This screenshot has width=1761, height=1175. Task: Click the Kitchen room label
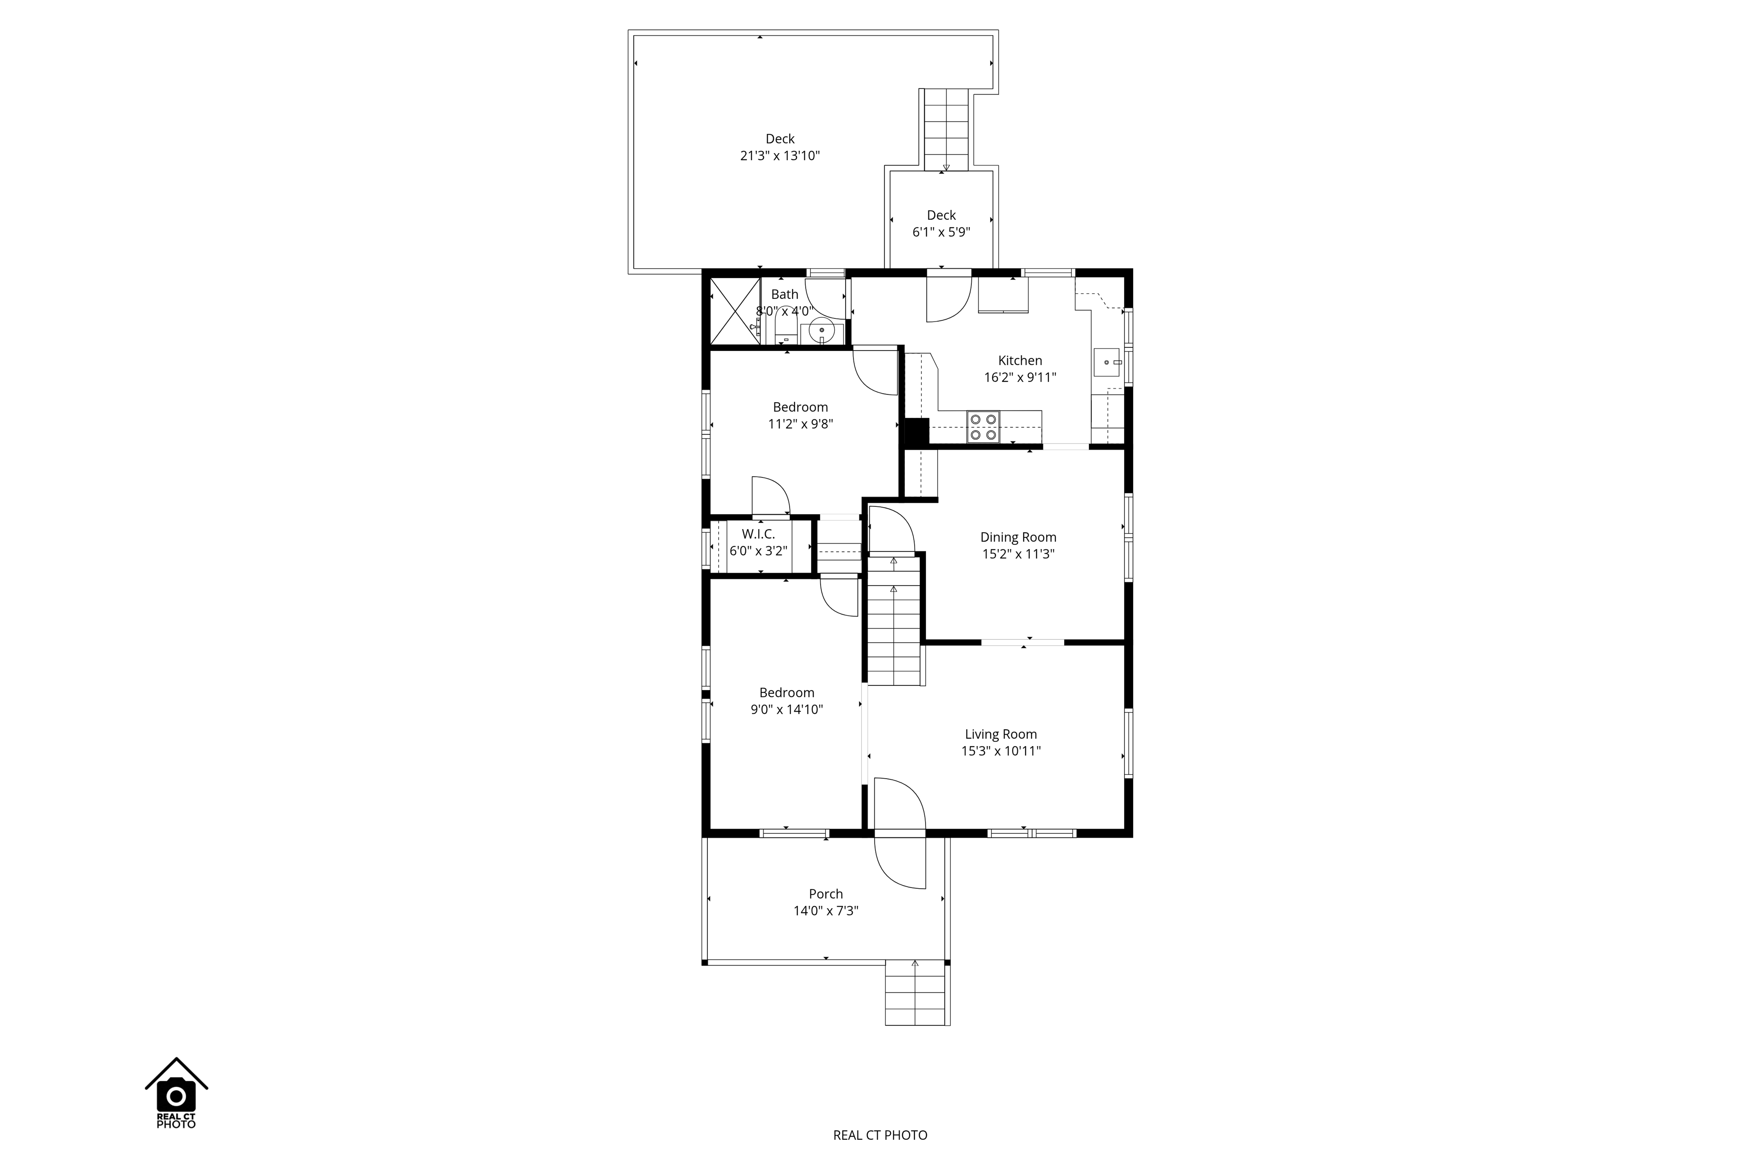point(1020,360)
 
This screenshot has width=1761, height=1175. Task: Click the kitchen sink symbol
point(1107,362)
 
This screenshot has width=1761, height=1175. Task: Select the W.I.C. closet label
point(758,534)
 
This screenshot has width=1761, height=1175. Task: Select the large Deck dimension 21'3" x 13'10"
point(780,156)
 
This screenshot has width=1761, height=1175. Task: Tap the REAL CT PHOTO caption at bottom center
point(880,1135)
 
